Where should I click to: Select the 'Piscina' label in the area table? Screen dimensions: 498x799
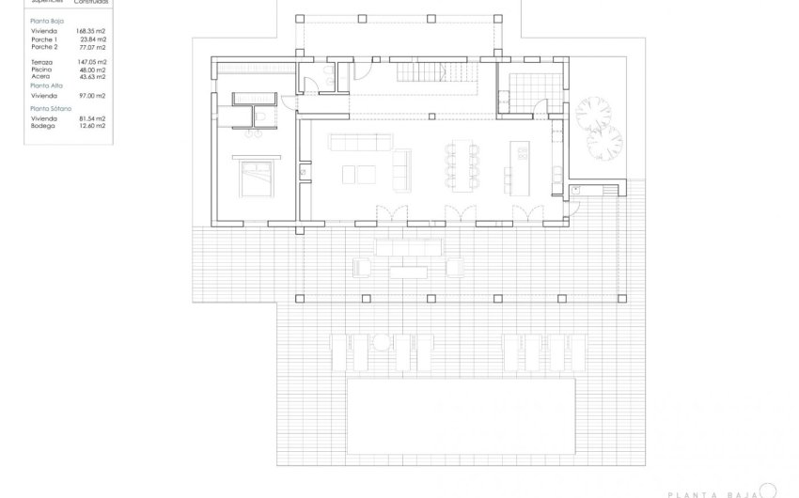40,70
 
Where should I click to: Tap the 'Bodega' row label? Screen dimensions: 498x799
42,126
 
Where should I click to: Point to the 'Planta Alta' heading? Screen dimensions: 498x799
47,85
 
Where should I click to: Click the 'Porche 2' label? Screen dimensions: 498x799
44,46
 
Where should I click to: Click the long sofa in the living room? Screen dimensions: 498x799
359,142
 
